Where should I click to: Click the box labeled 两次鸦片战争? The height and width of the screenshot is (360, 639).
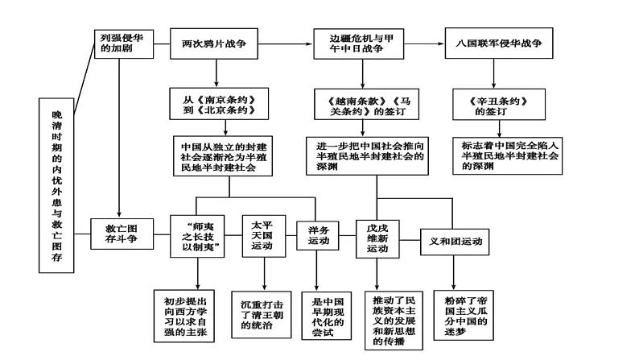[x=213, y=43]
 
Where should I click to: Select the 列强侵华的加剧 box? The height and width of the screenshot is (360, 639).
[x=118, y=43]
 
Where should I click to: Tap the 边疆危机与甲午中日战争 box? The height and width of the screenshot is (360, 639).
[x=357, y=43]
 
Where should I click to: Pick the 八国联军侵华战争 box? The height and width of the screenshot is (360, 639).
[x=499, y=43]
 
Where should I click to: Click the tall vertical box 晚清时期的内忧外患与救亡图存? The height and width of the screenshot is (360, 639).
[x=56, y=184]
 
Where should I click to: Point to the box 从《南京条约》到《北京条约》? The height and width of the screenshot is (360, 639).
[x=213, y=105]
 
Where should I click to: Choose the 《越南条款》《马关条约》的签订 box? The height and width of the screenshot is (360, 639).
[x=357, y=106]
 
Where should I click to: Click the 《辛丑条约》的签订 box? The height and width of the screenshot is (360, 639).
[x=499, y=106]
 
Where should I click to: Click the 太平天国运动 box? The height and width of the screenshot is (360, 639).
[x=262, y=235]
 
